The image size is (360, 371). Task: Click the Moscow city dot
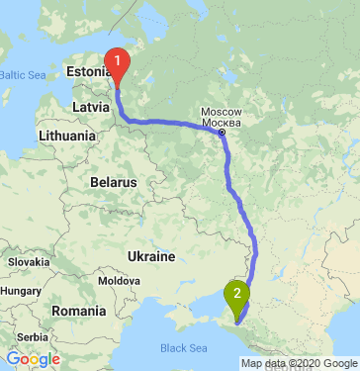click(223, 131)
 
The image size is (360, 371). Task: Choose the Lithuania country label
click(67, 134)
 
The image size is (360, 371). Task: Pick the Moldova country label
click(119, 281)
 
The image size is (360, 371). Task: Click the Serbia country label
click(25, 337)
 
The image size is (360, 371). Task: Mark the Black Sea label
click(184, 348)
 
